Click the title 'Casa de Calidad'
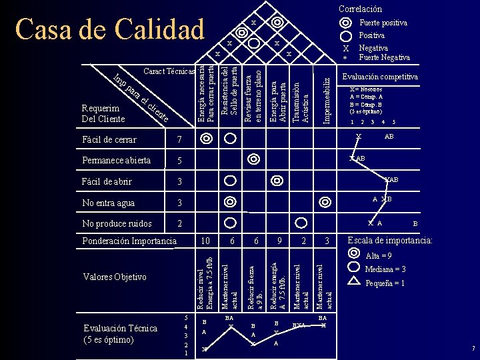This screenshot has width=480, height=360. point(110,29)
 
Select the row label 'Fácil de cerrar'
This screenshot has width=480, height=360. point(109,139)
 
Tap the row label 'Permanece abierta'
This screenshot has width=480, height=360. point(116,160)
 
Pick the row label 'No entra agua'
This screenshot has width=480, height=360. point(108,203)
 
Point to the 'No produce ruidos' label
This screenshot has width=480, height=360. point(117,223)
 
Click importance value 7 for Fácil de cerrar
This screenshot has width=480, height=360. point(178,139)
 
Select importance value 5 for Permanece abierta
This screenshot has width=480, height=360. point(178,161)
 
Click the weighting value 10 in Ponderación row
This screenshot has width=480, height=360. point(205,241)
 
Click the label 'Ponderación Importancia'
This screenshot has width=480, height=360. point(129,241)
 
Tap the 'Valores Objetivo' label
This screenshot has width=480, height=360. point(115,277)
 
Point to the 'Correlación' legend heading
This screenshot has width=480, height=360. point(360,9)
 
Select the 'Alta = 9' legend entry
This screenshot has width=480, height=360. point(379,256)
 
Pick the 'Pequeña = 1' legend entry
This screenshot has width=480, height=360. point(385,283)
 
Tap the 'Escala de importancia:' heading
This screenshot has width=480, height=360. point(390,241)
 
